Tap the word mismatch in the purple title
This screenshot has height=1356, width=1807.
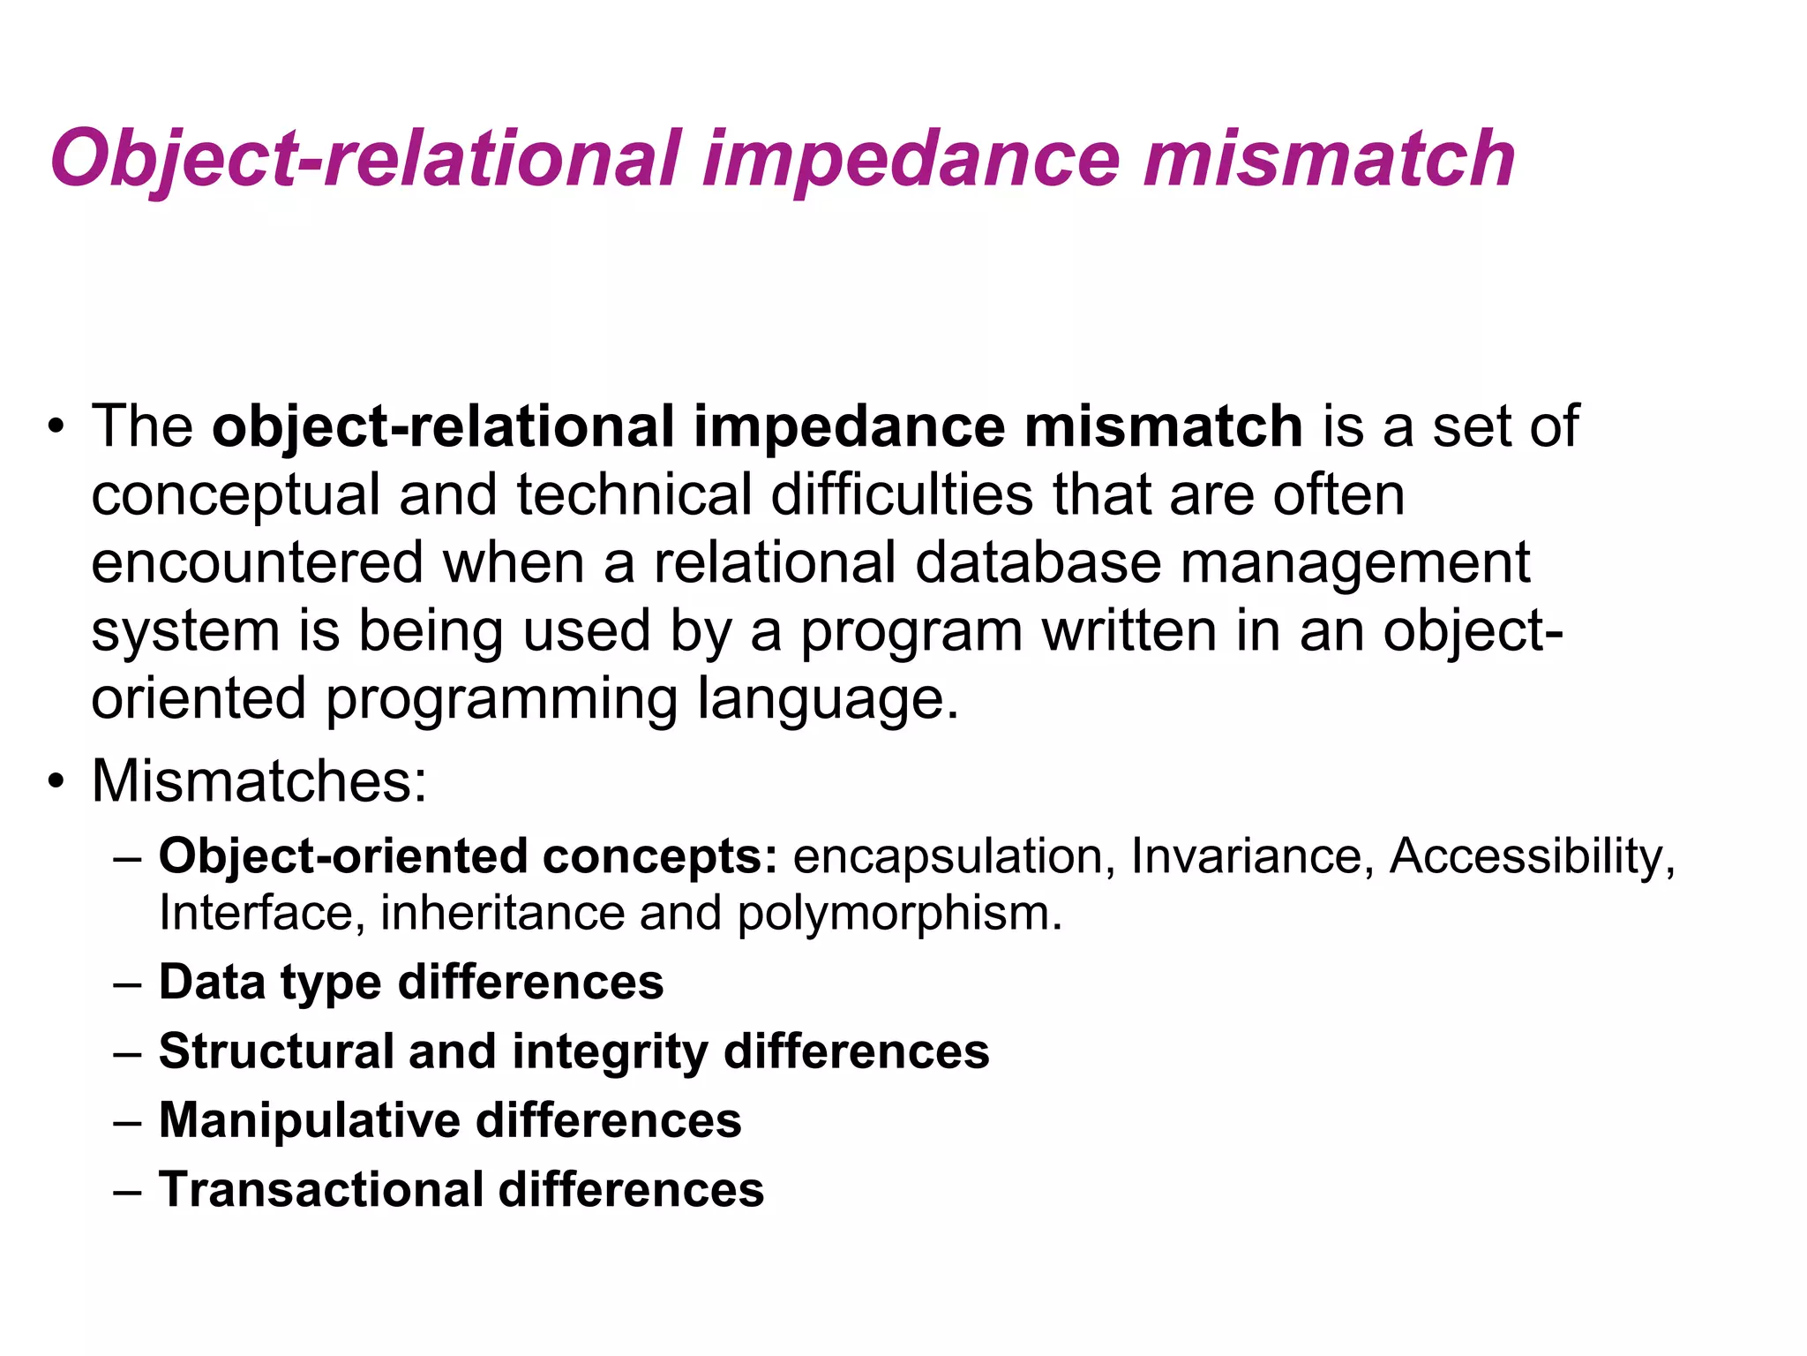1329,160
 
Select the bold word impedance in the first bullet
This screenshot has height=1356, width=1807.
849,426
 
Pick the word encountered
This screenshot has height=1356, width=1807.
257,562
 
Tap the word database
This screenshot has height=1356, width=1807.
1038,562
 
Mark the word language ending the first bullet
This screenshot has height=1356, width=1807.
828,700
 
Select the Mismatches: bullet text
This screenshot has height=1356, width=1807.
259,781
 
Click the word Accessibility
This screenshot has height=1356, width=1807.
1532,857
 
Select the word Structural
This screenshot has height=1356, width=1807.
276,1051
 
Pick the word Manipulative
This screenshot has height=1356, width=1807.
310,1120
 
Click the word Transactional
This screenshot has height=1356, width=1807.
320,1189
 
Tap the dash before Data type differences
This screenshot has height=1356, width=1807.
128,983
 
